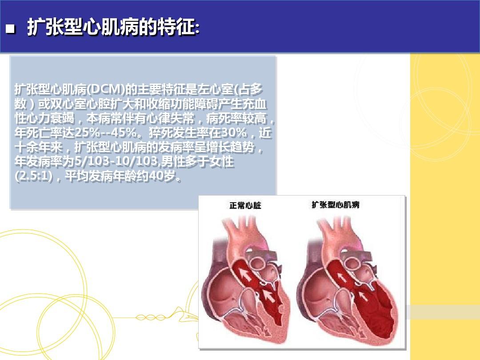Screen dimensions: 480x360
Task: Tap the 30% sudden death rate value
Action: tap(234, 133)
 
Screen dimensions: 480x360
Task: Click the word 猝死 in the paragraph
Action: tap(161, 133)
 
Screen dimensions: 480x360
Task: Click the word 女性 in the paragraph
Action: tap(222, 162)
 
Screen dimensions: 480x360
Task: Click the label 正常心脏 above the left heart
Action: tap(245, 205)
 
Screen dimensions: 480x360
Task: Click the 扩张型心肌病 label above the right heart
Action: tap(336, 205)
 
